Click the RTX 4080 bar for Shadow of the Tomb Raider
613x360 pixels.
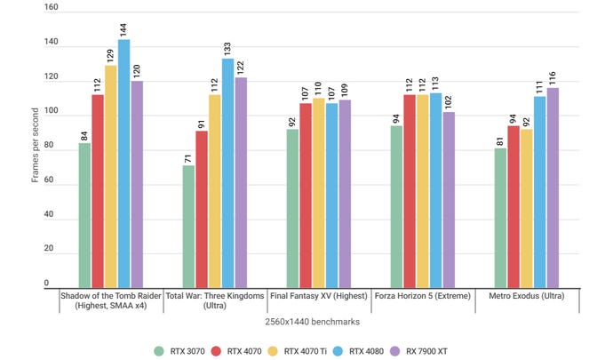point(123,164)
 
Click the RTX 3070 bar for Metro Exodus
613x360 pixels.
point(501,218)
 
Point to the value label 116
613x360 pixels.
point(553,76)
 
